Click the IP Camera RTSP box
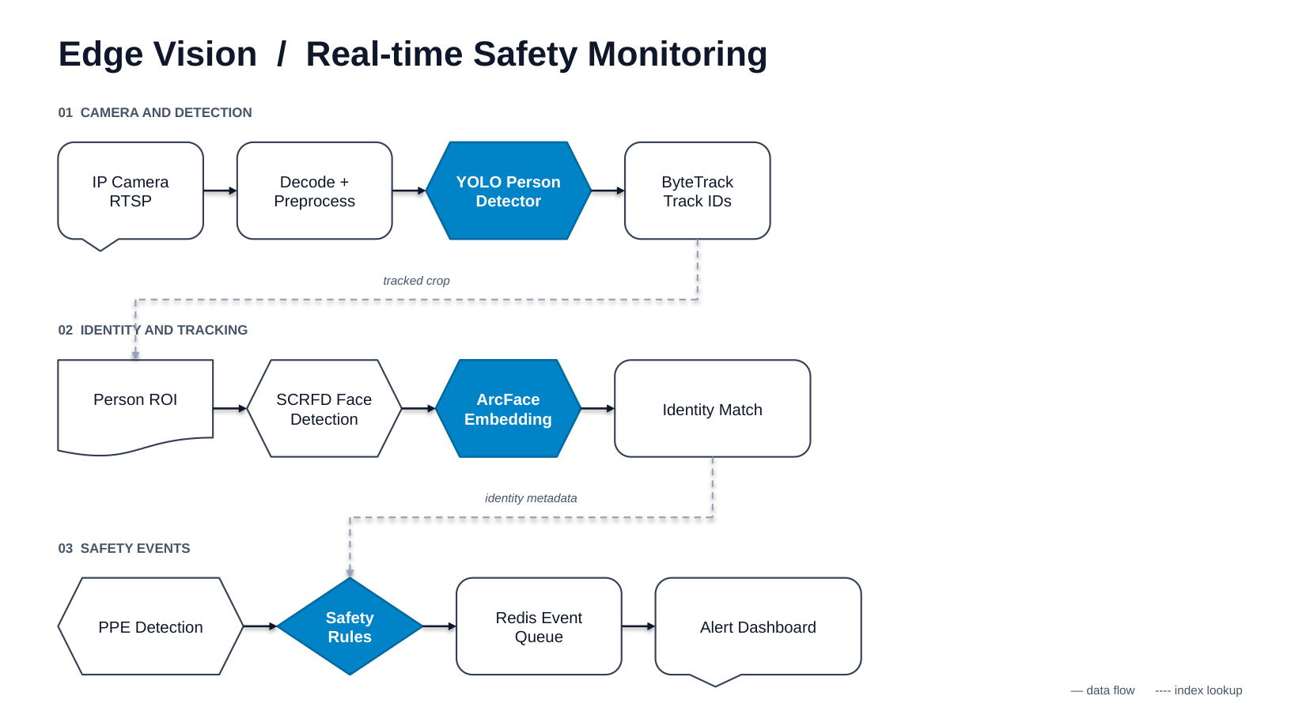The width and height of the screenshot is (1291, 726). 131,191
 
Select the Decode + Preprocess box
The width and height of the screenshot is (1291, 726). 314,191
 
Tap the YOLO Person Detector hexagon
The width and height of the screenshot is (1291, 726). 509,191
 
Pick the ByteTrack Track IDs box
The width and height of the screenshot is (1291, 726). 698,191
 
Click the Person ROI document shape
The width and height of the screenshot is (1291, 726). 135,406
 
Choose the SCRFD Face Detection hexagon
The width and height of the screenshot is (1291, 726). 324,409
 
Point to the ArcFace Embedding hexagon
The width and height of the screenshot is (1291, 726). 509,409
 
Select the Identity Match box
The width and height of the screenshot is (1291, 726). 713,409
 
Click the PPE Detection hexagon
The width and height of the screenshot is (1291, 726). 150,626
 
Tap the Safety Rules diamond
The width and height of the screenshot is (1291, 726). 350,626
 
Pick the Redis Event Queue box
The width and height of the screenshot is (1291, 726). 539,626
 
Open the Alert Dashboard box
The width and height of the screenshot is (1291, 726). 758,627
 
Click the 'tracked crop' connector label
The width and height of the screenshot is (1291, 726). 416,281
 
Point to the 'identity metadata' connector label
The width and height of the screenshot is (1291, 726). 531,497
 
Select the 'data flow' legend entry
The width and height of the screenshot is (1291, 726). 1103,690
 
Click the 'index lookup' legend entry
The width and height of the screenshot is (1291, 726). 1198,690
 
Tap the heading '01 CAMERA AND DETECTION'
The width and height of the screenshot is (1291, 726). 155,112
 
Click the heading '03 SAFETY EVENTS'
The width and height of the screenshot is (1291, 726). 124,548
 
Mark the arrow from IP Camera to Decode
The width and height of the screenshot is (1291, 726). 220,191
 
